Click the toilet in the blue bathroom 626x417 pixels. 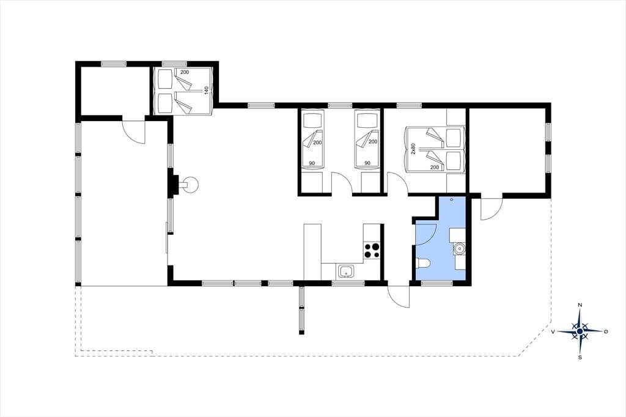(422, 263)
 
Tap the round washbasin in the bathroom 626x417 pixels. (460, 248)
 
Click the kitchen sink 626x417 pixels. (346, 271)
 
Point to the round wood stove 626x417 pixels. (191, 185)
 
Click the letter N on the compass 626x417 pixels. (580, 305)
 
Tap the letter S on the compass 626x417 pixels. (580, 358)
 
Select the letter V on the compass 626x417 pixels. (553, 331)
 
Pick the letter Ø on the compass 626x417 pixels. (606, 331)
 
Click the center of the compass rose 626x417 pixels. (580, 331)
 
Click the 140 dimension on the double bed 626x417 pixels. (207, 90)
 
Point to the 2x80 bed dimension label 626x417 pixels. (414, 149)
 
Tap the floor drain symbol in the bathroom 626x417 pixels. (452, 199)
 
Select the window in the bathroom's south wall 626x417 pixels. (436, 283)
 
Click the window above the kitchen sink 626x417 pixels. (348, 283)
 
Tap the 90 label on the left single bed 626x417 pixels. (312, 163)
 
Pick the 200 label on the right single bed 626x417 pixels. (372, 142)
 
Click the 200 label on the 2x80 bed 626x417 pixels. (435, 168)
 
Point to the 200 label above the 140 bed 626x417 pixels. (185, 72)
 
